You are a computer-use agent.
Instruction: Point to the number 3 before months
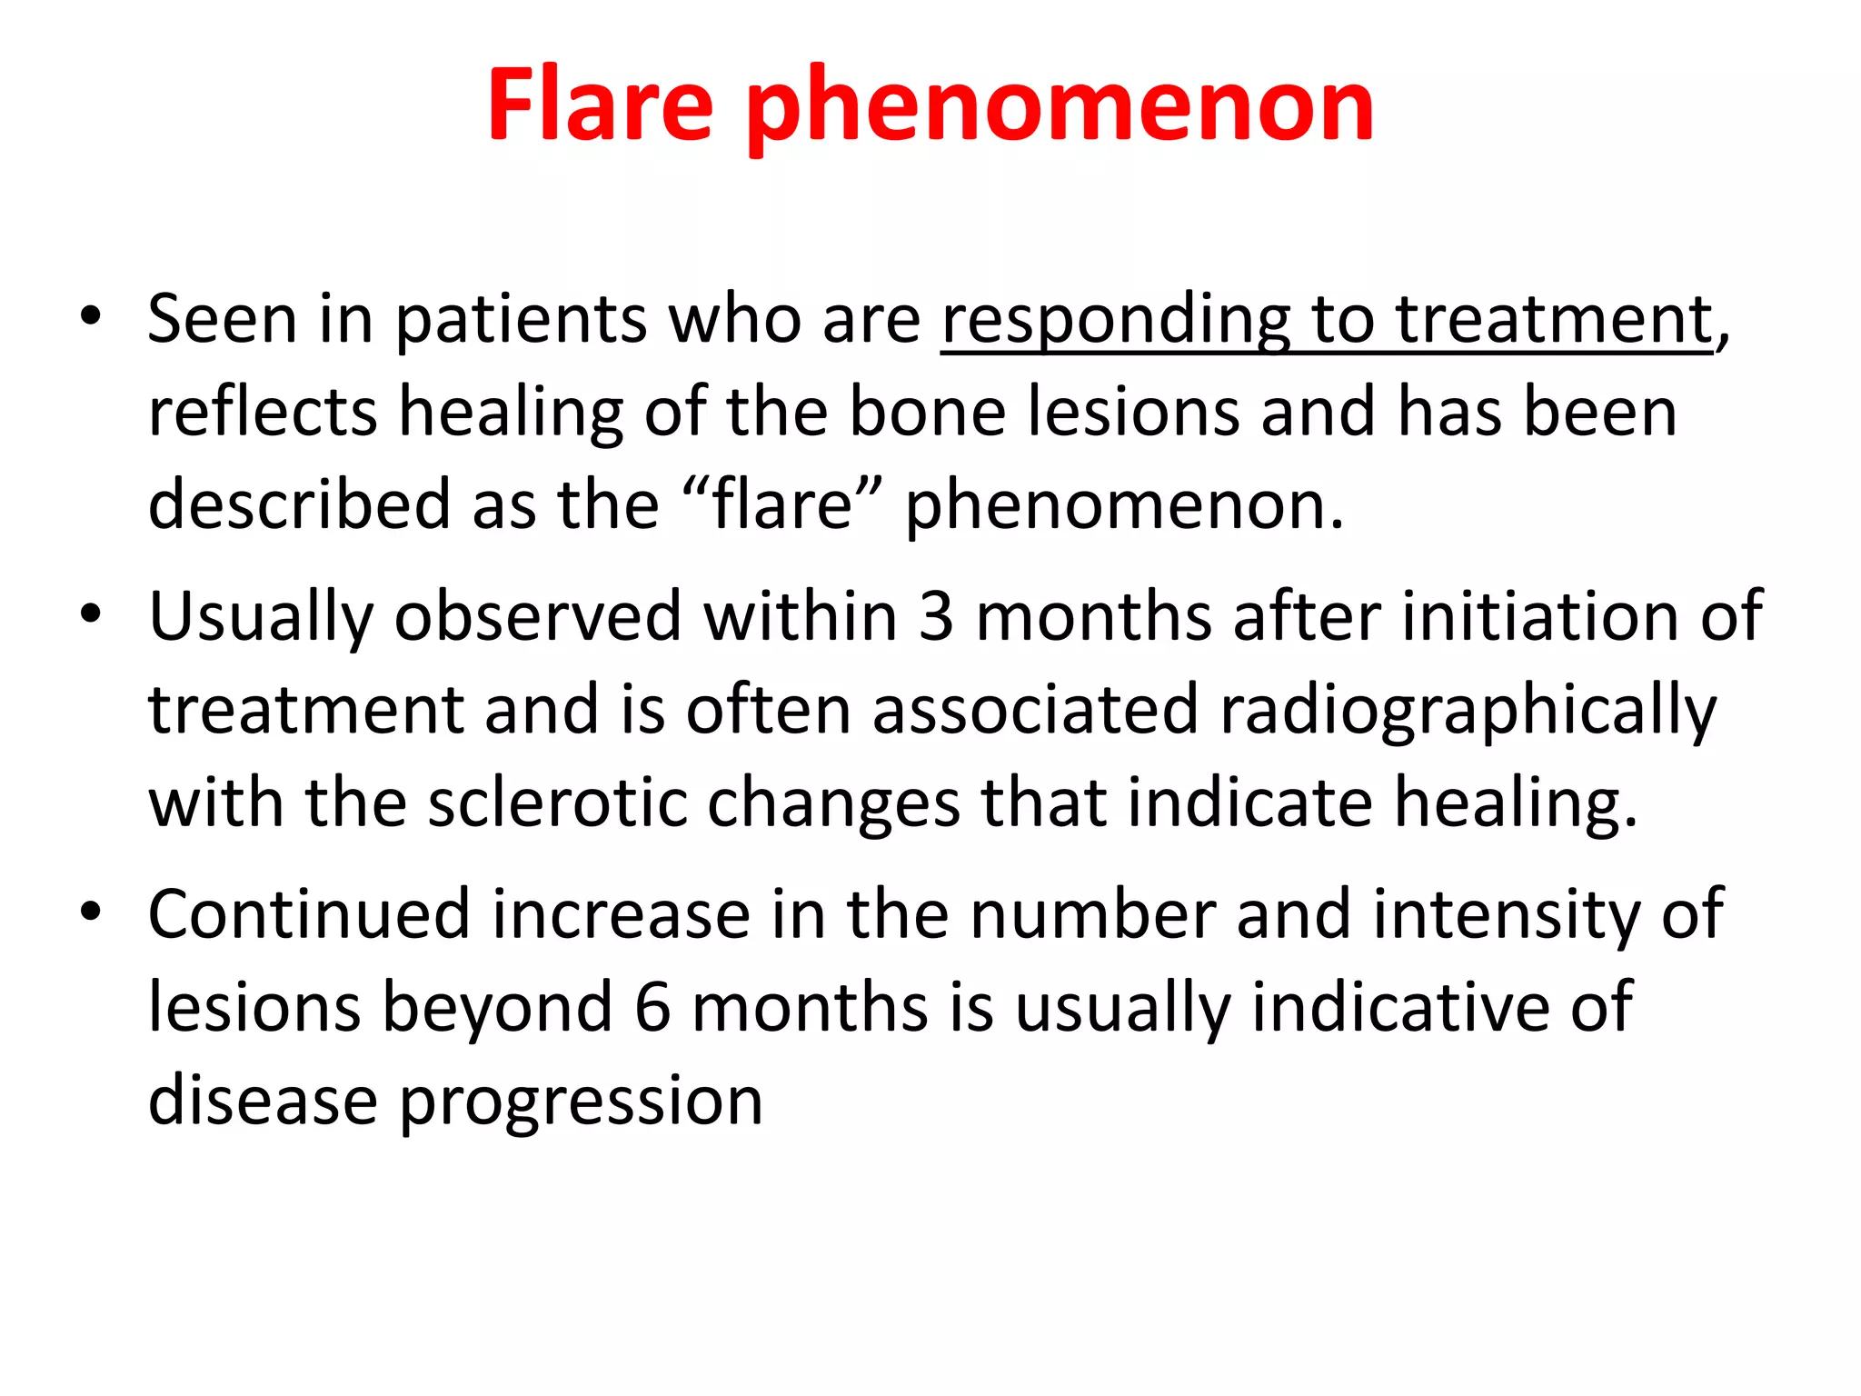935,616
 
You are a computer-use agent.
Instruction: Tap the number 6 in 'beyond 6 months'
652,1007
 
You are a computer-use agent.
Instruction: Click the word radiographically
1468,711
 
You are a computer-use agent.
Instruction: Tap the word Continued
308,914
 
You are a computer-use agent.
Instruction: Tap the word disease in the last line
263,1100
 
